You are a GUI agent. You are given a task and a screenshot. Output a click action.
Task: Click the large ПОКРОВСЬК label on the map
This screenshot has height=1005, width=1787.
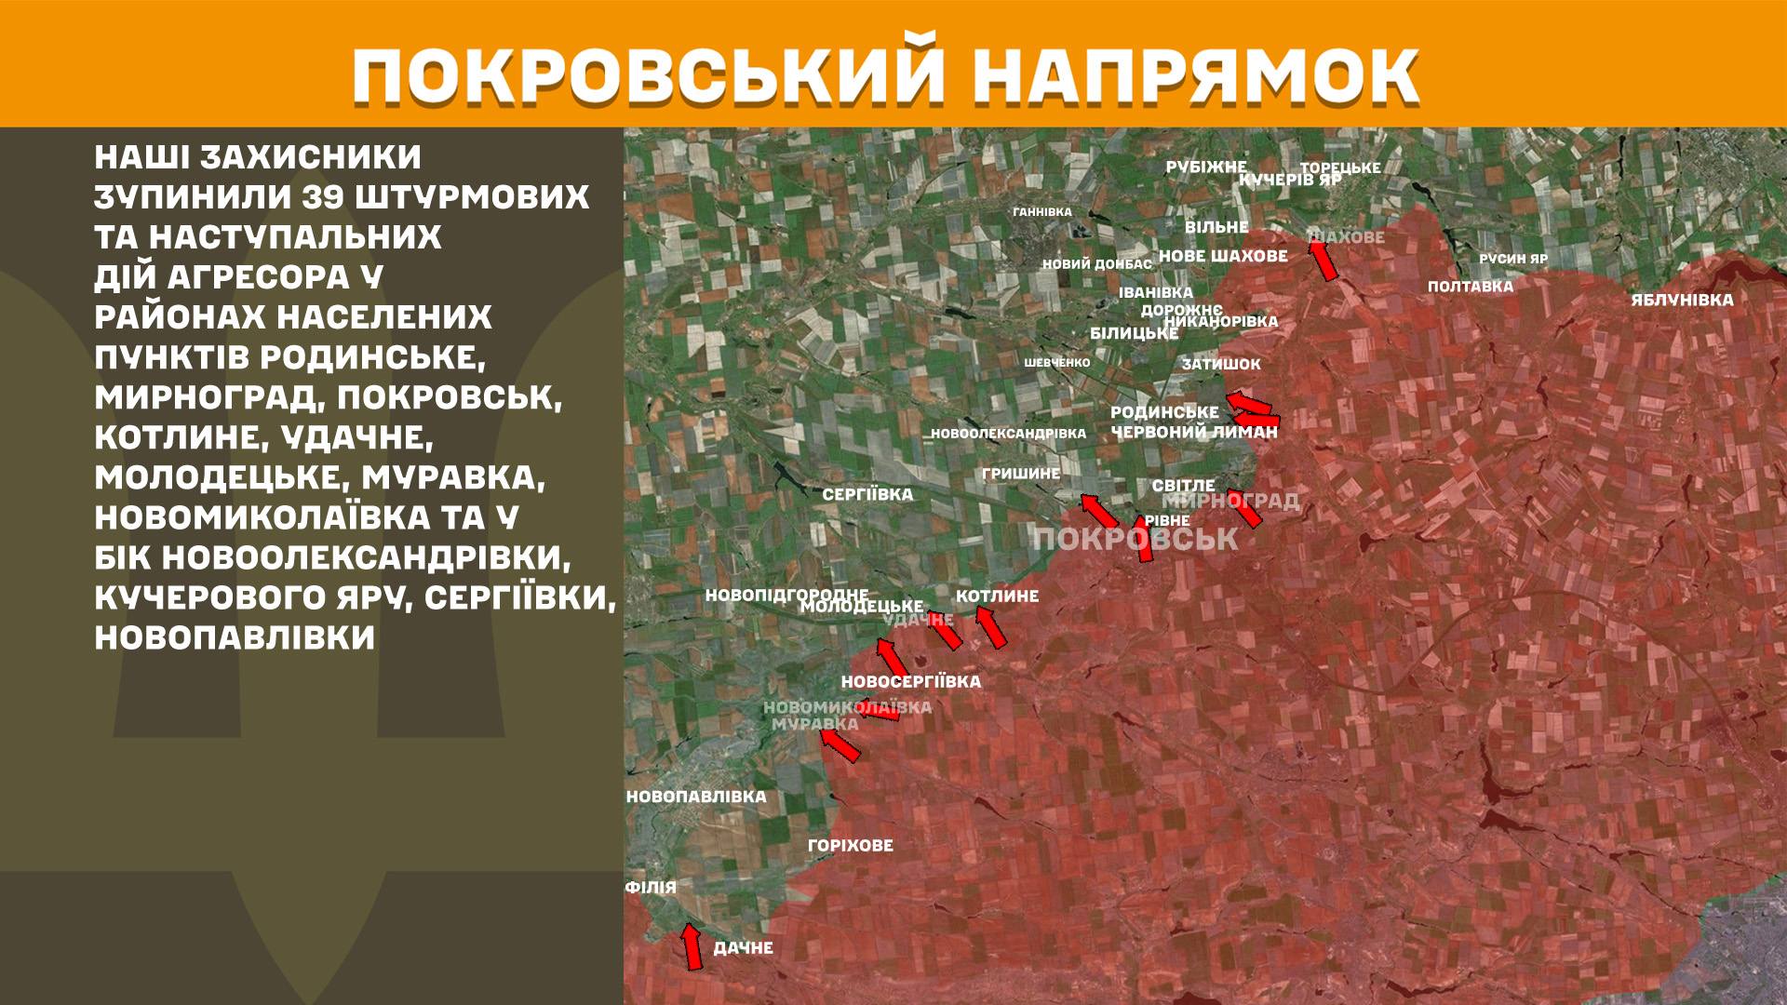click(1135, 539)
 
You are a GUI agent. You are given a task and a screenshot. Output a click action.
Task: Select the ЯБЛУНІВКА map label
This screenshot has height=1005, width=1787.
click(1682, 300)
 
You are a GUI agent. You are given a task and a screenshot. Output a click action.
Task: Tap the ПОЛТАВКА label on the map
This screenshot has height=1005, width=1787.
click(1471, 287)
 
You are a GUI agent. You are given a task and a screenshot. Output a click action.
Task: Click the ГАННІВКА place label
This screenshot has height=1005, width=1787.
click(1042, 212)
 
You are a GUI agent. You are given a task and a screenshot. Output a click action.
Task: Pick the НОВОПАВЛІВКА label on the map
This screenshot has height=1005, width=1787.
click(696, 797)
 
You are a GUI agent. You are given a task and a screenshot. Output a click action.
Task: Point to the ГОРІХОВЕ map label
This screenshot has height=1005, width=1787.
click(850, 845)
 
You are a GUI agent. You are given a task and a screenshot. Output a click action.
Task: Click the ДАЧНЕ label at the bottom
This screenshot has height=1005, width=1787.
click(743, 948)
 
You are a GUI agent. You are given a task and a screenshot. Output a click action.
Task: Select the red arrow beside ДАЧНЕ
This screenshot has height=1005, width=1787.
click(691, 947)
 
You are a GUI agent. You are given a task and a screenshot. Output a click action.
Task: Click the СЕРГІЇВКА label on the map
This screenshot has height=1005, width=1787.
click(867, 495)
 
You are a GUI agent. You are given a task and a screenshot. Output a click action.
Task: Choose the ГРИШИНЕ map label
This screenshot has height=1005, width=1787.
click(1021, 474)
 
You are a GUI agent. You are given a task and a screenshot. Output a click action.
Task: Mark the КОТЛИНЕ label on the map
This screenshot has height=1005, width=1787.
click(997, 596)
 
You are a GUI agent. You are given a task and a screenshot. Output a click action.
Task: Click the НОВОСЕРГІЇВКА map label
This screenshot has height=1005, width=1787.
click(910, 681)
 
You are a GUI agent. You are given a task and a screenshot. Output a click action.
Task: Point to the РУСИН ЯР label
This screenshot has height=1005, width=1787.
click(1513, 259)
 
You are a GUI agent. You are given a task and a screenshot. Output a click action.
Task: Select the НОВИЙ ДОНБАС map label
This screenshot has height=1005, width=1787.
click(1096, 264)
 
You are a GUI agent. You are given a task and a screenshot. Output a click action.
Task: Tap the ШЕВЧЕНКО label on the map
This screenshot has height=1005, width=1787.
click(1056, 363)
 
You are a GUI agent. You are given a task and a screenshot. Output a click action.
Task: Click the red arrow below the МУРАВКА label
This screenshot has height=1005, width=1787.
click(840, 745)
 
